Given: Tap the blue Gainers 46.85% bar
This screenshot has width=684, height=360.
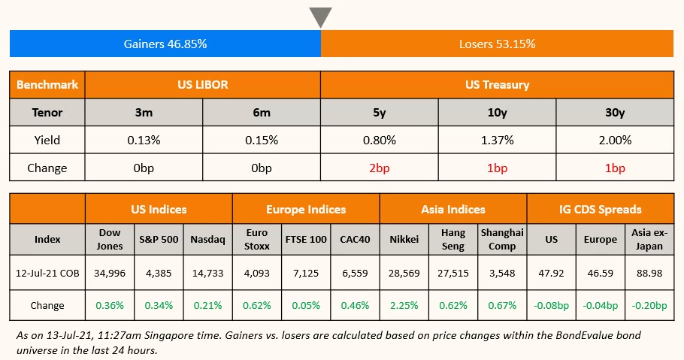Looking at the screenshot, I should (x=165, y=44).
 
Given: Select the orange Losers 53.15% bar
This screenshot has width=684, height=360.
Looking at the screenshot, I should (x=497, y=44).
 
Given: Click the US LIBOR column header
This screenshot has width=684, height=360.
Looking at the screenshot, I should (x=203, y=85).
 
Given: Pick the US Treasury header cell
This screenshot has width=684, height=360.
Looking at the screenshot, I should (x=497, y=85).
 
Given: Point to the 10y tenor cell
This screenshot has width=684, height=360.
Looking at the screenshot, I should (x=497, y=113).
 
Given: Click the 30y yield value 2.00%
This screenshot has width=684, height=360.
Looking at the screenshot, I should (x=615, y=140).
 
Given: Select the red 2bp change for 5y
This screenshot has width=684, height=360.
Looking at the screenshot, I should (x=380, y=168).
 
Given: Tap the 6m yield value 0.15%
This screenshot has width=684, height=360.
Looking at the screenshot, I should (x=262, y=140).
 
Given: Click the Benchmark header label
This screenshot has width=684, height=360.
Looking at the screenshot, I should (x=47, y=85).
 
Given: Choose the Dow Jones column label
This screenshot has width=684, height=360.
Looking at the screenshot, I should (x=110, y=239).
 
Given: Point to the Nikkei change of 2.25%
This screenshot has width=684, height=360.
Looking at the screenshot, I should (x=404, y=306).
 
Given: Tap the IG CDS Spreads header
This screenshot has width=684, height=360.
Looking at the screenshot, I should (x=601, y=209).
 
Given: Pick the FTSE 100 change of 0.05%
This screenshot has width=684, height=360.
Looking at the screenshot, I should (x=306, y=306).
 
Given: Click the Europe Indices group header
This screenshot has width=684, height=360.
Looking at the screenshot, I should (x=306, y=209).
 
